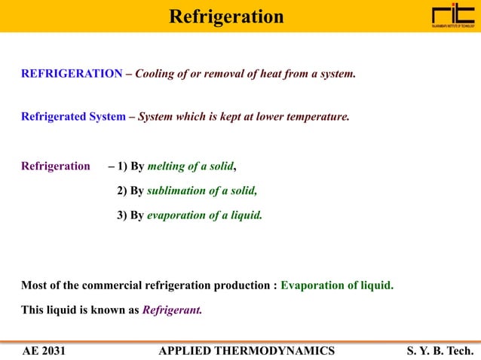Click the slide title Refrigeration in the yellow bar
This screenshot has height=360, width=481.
point(226,16)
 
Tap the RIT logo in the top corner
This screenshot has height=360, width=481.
point(454,16)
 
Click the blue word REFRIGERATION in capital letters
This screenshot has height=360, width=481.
point(72,75)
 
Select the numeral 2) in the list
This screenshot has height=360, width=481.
point(122,191)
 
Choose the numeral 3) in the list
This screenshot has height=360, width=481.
point(122,215)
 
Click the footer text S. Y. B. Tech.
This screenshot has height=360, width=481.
point(440,350)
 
